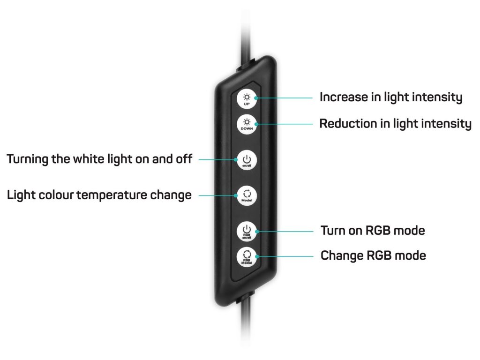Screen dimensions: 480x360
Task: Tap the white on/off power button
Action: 247,159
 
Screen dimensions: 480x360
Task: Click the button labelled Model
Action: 247,195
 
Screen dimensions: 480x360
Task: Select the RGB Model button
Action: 247,257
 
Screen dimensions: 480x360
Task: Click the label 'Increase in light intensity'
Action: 390,97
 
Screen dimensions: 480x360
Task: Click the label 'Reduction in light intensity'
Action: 395,124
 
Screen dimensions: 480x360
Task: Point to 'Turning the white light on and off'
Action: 99,159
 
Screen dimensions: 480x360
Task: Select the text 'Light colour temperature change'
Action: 99,195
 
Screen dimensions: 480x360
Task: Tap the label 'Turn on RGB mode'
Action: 373,231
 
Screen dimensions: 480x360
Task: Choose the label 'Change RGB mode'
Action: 373,256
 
